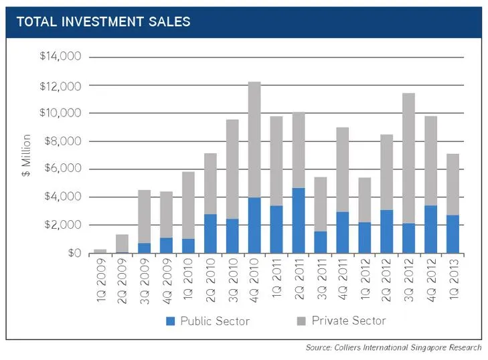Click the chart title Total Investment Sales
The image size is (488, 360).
tap(103, 21)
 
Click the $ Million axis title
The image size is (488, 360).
tap(26, 155)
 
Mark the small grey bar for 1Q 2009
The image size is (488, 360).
tap(101, 251)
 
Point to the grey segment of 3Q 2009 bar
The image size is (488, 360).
tap(145, 214)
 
